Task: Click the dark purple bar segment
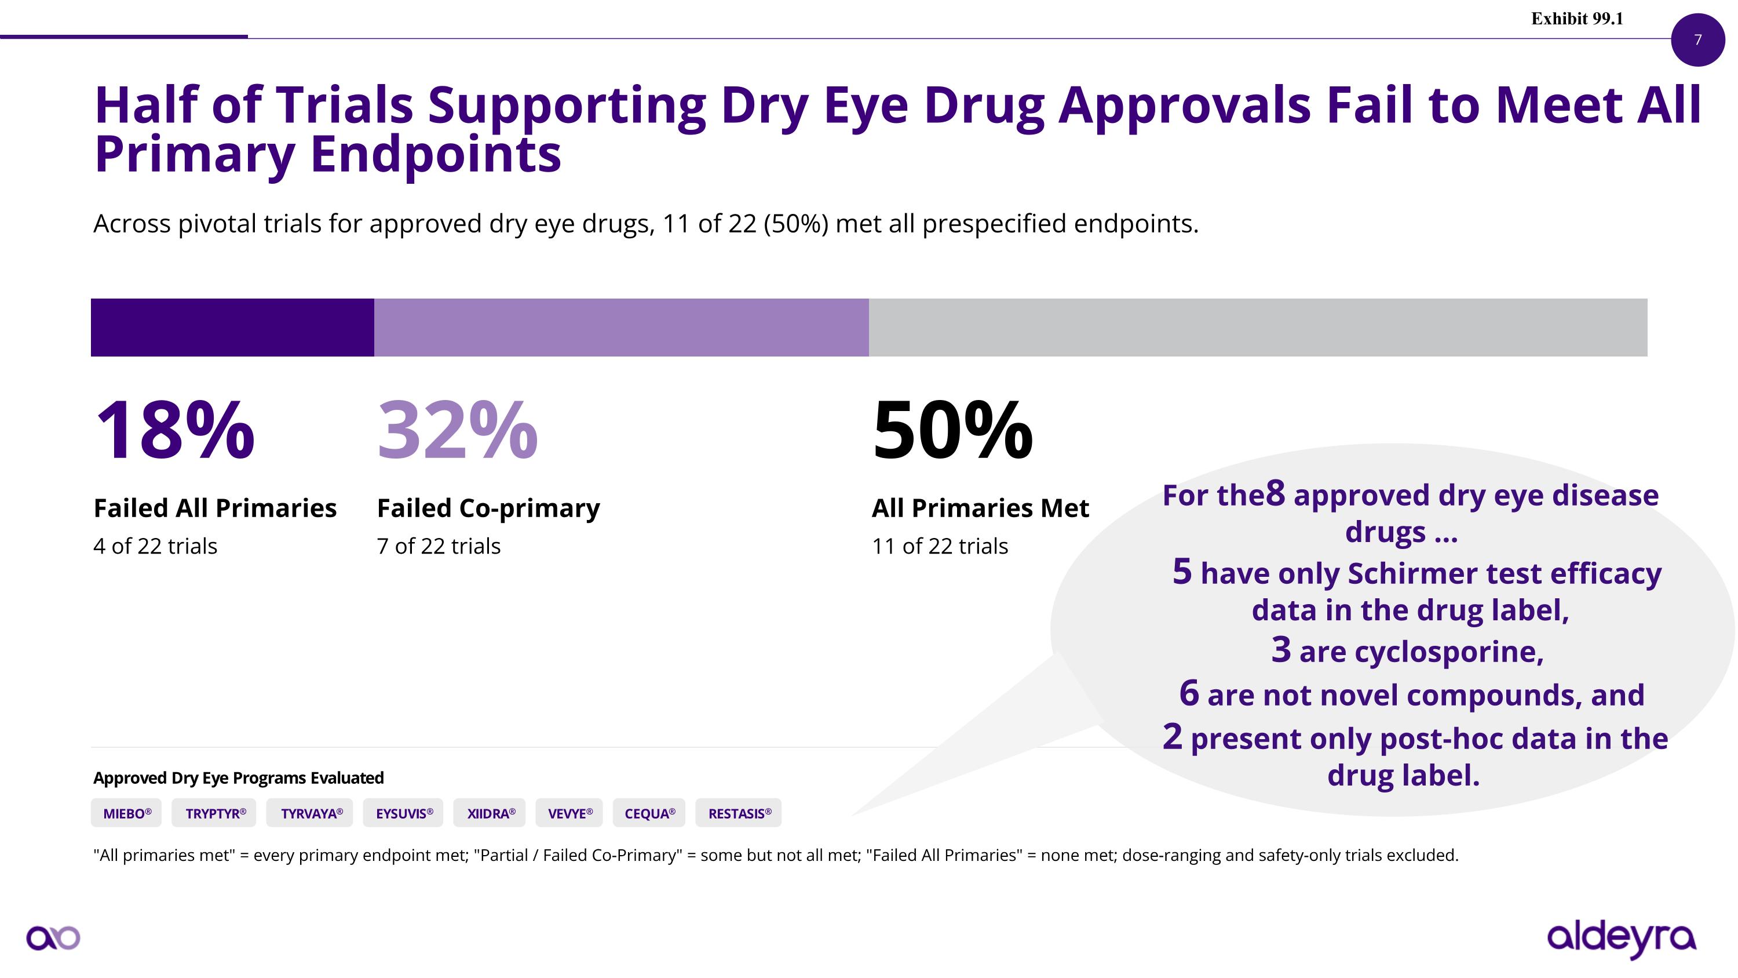click(233, 328)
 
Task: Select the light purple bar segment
click(622, 328)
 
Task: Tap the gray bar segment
click(1258, 328)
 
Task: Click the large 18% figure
click(176, 430)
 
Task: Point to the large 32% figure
click(458, 430)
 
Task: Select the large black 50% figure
click(952, 430)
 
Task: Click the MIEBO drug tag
click(126, 813)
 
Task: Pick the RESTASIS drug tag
click(739, 813)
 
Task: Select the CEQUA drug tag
click(649, 813)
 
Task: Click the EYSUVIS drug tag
click(403, 813)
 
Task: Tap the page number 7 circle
click(1698, 39)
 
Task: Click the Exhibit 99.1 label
click(1578, 19)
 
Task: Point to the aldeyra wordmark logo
click(1622, 939)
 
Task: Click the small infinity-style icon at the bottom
click(53, 938)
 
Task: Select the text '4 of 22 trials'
click(155, 546)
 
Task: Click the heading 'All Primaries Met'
click(980, 508)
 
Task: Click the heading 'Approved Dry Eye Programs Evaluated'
click(238, 777)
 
